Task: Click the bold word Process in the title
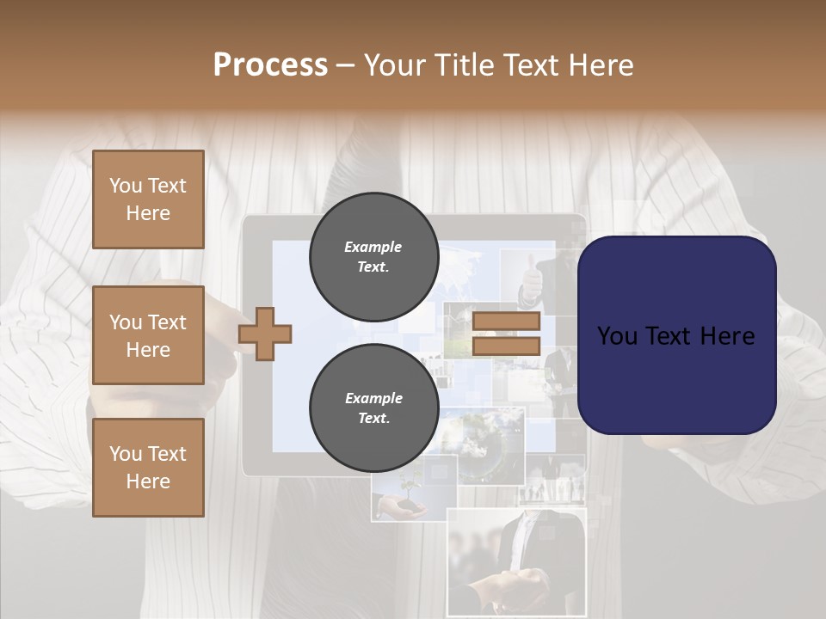(270, 65)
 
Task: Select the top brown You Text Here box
(148, 199)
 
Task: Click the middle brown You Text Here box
(148, 335)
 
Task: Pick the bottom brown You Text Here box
(148, 468)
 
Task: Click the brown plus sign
(265, 334)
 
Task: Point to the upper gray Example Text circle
(373, 257)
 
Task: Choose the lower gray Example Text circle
(373, 408)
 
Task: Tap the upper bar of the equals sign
(506, 322)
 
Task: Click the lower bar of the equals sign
(506, 346)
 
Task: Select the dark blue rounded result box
(676, 334)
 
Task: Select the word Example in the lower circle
(373, 398)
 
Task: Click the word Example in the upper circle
(373, 247)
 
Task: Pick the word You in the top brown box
(126, 186)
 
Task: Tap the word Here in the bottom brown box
(148, 481)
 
